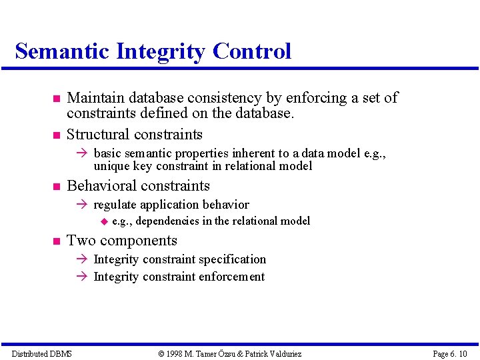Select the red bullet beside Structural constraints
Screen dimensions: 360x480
click(x=57, y=135)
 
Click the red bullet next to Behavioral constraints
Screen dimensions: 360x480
click(x=57, y=187)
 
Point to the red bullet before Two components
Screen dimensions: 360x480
click(x=57, y=241)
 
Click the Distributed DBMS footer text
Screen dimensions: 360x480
click(x=42, y=354)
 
